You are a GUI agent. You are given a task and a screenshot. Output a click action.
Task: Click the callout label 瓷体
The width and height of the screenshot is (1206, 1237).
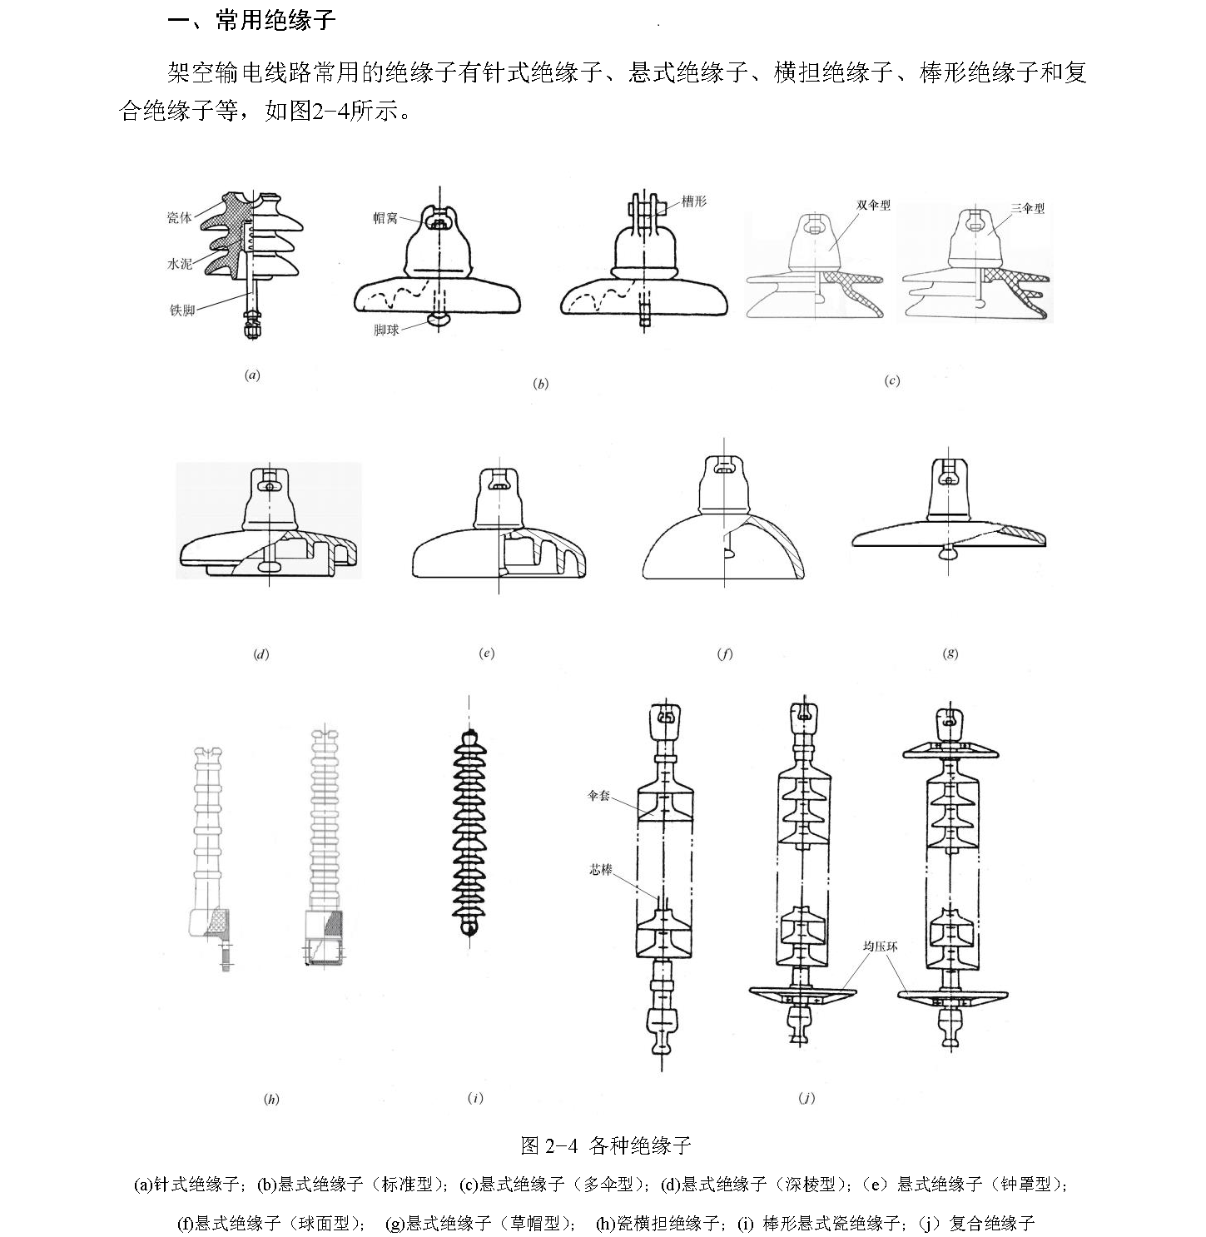click(179, 217)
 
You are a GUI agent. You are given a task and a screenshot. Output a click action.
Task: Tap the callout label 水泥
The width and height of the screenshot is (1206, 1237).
click(179, 263)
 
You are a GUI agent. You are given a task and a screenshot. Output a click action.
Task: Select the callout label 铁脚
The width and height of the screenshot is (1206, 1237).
click(181, 310)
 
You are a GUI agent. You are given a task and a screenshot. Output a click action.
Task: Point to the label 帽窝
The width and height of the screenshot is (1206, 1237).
click(385, 218)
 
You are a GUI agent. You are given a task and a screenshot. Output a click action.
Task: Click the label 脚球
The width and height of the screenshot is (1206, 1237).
click(386, 330)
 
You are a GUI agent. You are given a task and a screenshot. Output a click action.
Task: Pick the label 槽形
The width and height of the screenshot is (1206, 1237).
click(693, 201)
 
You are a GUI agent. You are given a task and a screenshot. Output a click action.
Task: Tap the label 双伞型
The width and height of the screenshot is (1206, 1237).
click(873, 205)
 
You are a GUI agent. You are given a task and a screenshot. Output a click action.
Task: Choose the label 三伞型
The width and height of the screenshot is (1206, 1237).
click(1027, 208)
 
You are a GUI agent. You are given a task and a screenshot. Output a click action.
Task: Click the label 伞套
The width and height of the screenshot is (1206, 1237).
click(598, 795)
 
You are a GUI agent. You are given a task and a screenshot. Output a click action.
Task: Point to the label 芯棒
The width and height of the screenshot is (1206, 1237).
click(600, 870)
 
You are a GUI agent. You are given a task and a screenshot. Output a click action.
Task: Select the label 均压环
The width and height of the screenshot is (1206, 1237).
click(880, 946)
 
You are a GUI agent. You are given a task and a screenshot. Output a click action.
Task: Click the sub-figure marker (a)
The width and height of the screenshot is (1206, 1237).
click(252, 375)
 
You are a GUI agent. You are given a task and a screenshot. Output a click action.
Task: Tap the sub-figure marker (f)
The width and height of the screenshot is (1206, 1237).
click(724, 653)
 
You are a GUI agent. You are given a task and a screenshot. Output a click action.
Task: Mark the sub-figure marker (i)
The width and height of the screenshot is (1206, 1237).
click(475, 1098)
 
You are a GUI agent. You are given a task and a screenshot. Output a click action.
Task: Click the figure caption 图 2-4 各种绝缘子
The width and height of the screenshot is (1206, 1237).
click(606, 1145)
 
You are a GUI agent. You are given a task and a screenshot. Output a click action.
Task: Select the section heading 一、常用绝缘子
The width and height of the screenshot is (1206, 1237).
click(251, 20)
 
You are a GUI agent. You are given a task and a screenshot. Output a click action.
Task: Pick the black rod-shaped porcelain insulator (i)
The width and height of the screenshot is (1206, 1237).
click(469, 833)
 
